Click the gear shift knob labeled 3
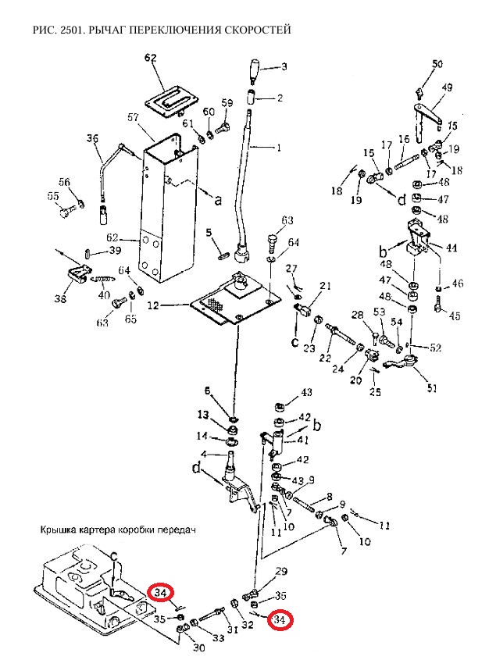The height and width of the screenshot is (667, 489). [254, 72]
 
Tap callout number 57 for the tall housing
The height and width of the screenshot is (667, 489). [134, 117]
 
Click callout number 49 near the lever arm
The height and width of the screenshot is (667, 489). [447, 87]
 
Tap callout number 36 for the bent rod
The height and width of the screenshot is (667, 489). [92, 139]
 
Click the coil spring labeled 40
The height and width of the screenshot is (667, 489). [104, 279]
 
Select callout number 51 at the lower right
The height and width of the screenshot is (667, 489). [431, 387]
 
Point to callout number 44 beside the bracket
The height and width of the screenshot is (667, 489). [452, 248]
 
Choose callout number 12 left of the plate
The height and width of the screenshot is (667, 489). [153, 305]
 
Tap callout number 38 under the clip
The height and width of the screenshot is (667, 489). [60, 298]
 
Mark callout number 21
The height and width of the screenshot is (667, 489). [325, 285]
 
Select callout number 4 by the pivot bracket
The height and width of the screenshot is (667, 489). [203, 455]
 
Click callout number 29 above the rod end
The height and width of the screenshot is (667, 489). [281, 571]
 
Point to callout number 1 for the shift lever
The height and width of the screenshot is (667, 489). [279, 148]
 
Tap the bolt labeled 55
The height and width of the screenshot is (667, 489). [65, 211]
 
